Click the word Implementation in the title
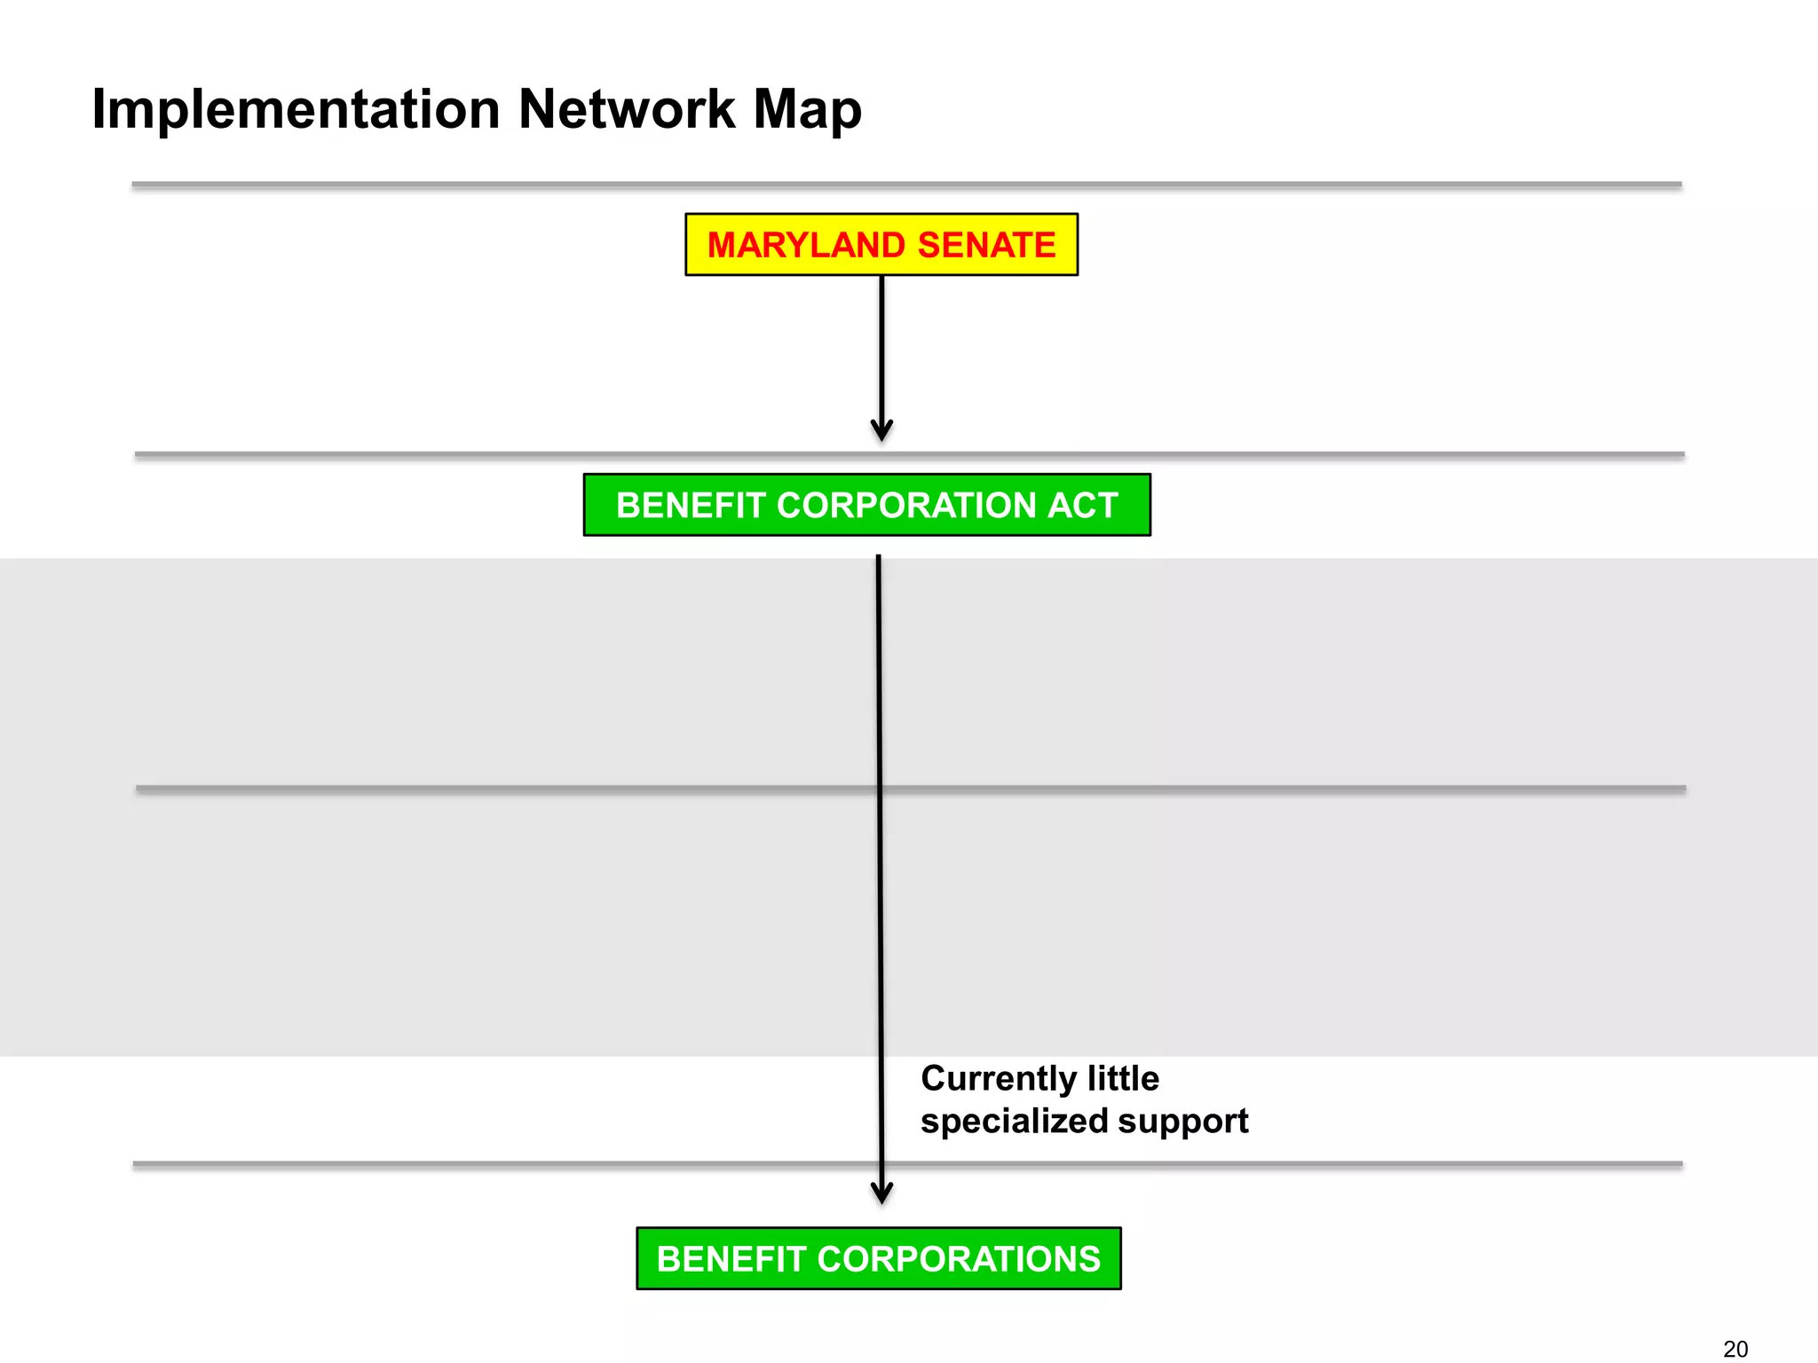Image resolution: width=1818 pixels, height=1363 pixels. point(296,110)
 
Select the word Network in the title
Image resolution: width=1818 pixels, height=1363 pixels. point(627,110)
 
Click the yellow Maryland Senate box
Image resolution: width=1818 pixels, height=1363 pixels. point(881,245)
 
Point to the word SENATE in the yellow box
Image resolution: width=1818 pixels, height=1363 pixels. point(986,245)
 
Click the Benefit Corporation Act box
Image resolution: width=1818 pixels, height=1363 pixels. point(866,505)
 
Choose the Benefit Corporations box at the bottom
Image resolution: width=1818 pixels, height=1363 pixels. point(879,1258)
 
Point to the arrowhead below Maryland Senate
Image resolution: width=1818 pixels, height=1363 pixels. point(881,431)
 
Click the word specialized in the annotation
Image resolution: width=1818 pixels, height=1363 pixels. point(1015,1122)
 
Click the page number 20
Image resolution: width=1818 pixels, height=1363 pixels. point(1735,1349)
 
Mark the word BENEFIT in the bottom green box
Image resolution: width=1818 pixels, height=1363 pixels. point(731,1259)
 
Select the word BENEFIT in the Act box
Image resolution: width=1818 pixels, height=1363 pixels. point(691,505)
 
